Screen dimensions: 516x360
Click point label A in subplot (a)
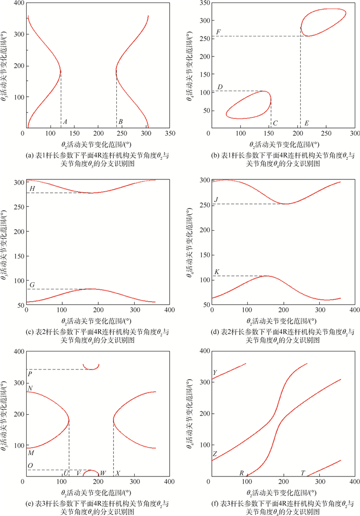pyautogui.click(x=65, y=122)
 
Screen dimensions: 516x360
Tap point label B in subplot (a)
pyautogui.click(x=120, y=122)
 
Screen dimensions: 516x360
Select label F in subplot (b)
pyautogui.click(x=219, y=32)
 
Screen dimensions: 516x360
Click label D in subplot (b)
pyautogui.click(x=220, y=87)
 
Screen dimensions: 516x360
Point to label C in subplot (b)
pyautogui.click(x=276, y=123)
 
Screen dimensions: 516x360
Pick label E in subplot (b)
pyautogui.click(x=307, y=123)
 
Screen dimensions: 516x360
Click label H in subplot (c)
pyautogui.click(x=32, y=189)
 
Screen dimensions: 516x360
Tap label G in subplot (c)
pyautogui.click(x=32, y=284)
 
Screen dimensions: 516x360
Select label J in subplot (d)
pyautogui.click(x=217, y=199)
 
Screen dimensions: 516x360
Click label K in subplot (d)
pyautogui.click(x=217, y=271)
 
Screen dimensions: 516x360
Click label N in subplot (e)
pyautogui.click(x=30, y=388)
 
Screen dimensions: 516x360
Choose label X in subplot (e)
pyautogui.click(x=118, y=473)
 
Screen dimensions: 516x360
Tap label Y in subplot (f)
pyautogui.click(x=214, y=373)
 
